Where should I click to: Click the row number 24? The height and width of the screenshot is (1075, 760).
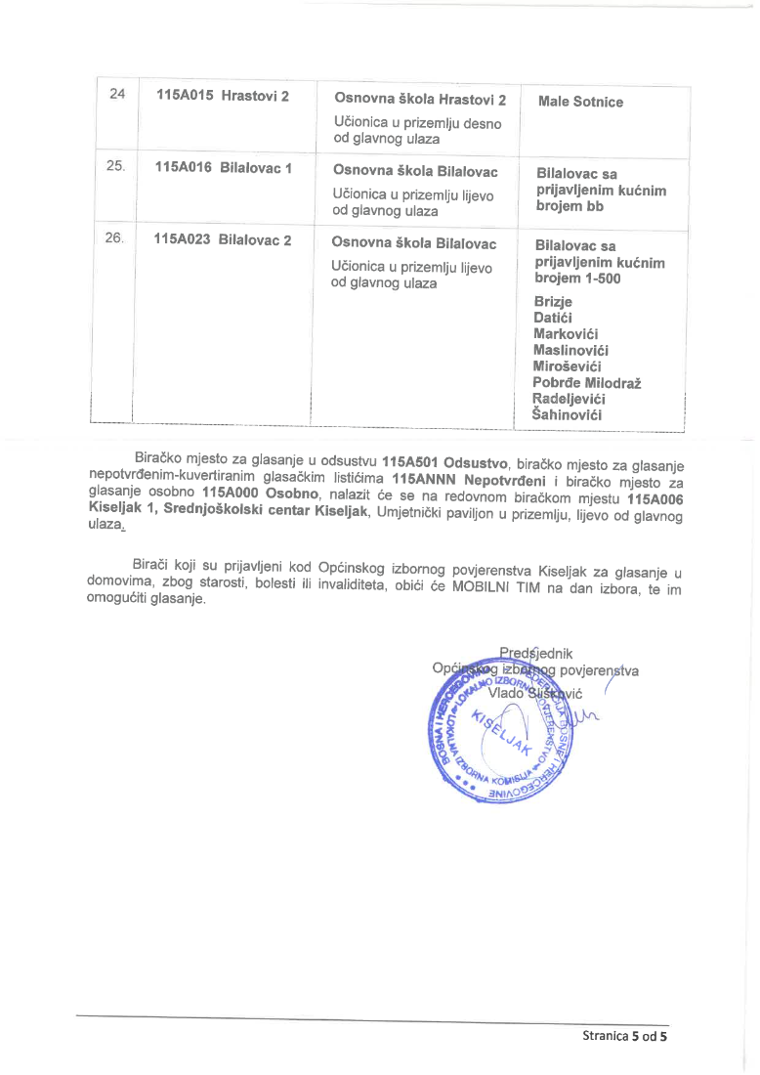coord(117,95)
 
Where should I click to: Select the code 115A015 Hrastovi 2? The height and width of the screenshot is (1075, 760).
coord(222,96)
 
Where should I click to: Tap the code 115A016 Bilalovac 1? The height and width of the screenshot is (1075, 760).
coord(224,167)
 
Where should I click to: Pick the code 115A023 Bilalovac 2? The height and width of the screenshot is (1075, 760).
coord(223,239)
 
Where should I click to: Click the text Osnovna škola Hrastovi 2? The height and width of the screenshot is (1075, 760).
coord(420,100)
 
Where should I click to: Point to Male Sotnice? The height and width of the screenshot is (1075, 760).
coord(580,102)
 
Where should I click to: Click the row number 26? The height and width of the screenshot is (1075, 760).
coord(115,238)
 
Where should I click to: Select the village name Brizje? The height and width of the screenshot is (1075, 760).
coord(554,301)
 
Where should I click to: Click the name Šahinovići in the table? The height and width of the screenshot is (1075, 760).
coord(567,415)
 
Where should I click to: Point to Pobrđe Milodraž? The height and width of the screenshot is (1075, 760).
coord(587,382)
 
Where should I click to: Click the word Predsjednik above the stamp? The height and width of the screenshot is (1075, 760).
coord(535,653)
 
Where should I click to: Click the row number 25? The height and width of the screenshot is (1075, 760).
coord(116,166)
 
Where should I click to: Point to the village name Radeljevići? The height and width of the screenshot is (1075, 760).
coord(570,399)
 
